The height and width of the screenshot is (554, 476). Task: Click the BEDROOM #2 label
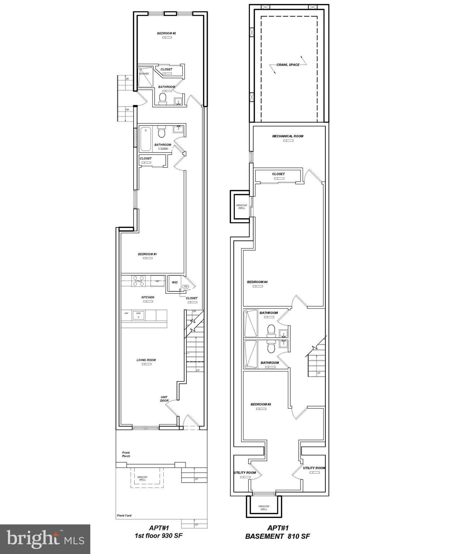point(166,34)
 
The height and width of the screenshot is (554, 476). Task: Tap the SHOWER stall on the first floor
point(145,77)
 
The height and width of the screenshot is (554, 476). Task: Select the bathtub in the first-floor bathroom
point(146,139)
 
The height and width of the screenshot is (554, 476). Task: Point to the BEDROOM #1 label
point(147,254)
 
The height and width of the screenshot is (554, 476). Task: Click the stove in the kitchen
point(139,281)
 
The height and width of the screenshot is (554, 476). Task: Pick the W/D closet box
point(174,283)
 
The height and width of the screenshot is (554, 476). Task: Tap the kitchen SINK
point(138,315)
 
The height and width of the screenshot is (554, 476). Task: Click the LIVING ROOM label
point(146,360)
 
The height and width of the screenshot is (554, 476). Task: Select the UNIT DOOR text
point(164,399)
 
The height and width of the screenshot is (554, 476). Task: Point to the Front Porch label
point(126,454)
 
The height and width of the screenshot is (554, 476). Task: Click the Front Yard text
point(124,515)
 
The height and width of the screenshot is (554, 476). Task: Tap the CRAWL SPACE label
point(288,65)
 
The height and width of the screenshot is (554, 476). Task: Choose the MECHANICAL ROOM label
point(287,136)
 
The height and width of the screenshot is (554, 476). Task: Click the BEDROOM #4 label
point(257,282)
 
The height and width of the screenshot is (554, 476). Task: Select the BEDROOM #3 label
point(261,404)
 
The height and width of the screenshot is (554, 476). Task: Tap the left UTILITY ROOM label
point(245,472)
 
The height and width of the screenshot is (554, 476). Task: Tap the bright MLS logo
point(45,539)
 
